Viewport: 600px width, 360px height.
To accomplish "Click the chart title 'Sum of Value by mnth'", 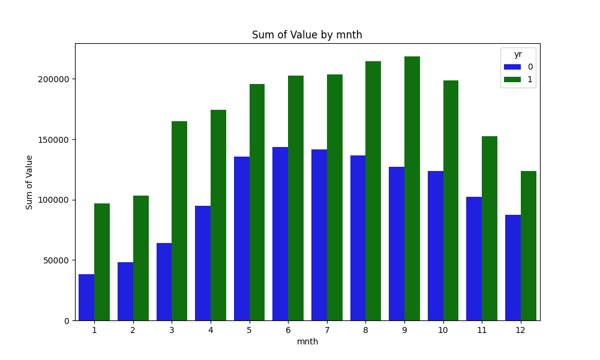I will coord(307,35).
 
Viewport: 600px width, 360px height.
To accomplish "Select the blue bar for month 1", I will coord(86,297).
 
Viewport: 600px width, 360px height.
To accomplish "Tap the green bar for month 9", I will coord(412,188).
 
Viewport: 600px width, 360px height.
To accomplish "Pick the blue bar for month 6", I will coord(280,233).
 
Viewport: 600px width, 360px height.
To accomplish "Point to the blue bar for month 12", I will coord(513,268).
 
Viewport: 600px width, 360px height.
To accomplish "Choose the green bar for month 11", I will coord(490,228).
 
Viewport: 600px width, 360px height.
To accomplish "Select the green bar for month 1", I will coord(102,262).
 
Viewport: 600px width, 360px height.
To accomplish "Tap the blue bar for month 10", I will coord(436,245).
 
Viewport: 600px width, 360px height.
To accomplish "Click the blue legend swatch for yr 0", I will coord(512,67).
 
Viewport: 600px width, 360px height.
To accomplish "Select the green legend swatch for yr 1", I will coord(512,79).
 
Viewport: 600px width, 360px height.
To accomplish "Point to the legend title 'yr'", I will coord(518,55).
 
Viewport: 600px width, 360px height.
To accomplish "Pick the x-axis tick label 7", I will coord(327,330).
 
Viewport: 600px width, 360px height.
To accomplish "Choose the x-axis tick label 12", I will coord(521,330).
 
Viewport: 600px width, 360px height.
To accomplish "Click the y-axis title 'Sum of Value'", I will coord(29,182).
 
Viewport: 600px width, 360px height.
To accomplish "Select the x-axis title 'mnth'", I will coord(307,342).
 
